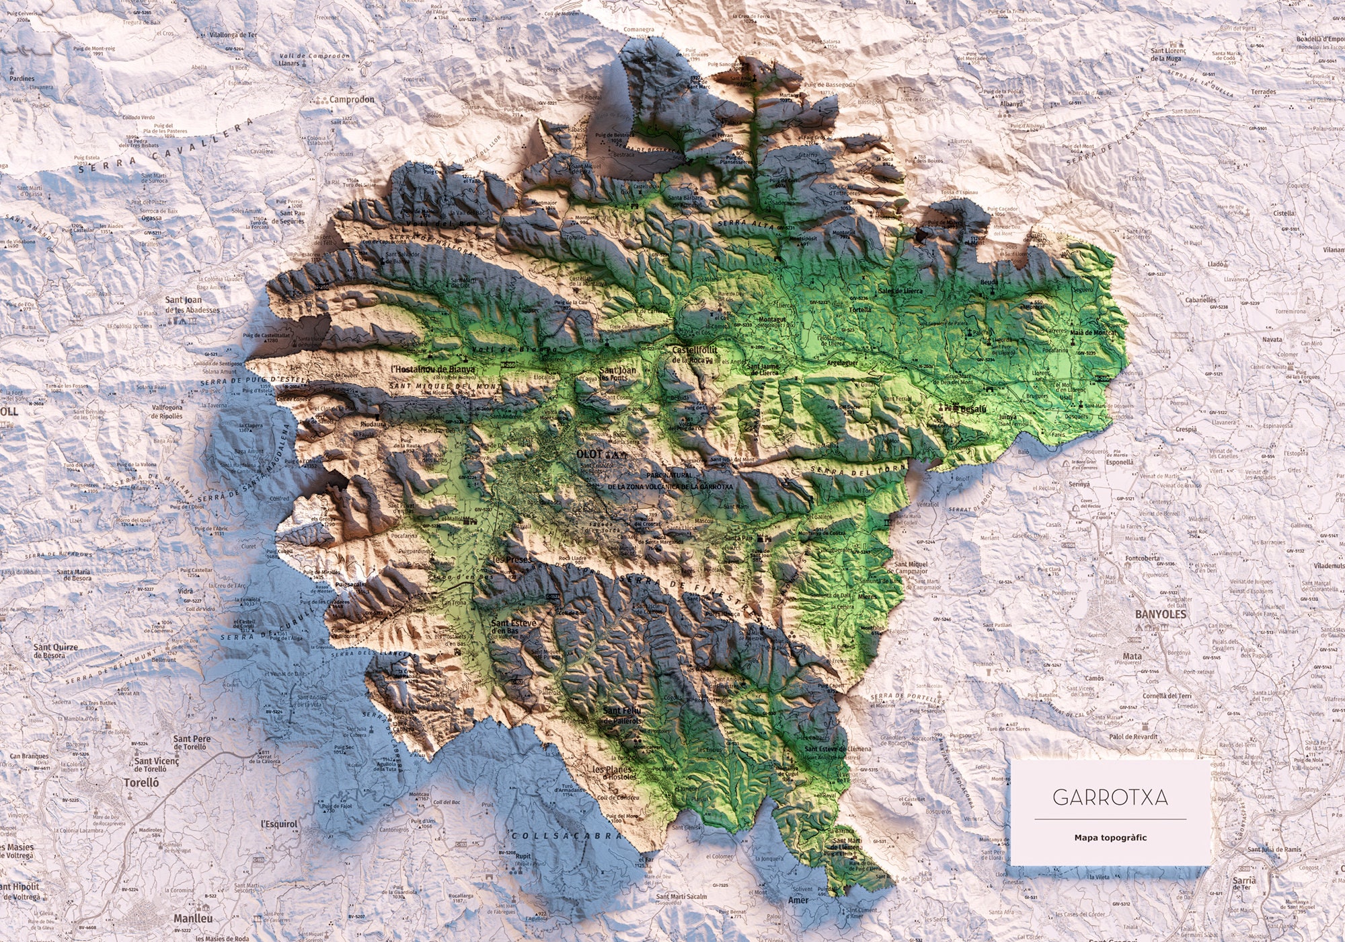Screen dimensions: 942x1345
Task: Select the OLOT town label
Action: click(590, 454)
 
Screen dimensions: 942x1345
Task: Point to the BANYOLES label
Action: click(1161, 614)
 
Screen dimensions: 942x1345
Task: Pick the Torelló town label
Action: click(141, 783)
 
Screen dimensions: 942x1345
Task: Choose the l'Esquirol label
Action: click(278, 824)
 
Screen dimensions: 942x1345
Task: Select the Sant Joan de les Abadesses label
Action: click(192, 305)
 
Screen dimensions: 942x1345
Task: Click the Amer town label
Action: click(798, 900)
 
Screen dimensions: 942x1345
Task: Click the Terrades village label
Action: click(1264, 92)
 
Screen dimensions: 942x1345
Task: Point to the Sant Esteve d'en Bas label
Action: click(514, 627)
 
